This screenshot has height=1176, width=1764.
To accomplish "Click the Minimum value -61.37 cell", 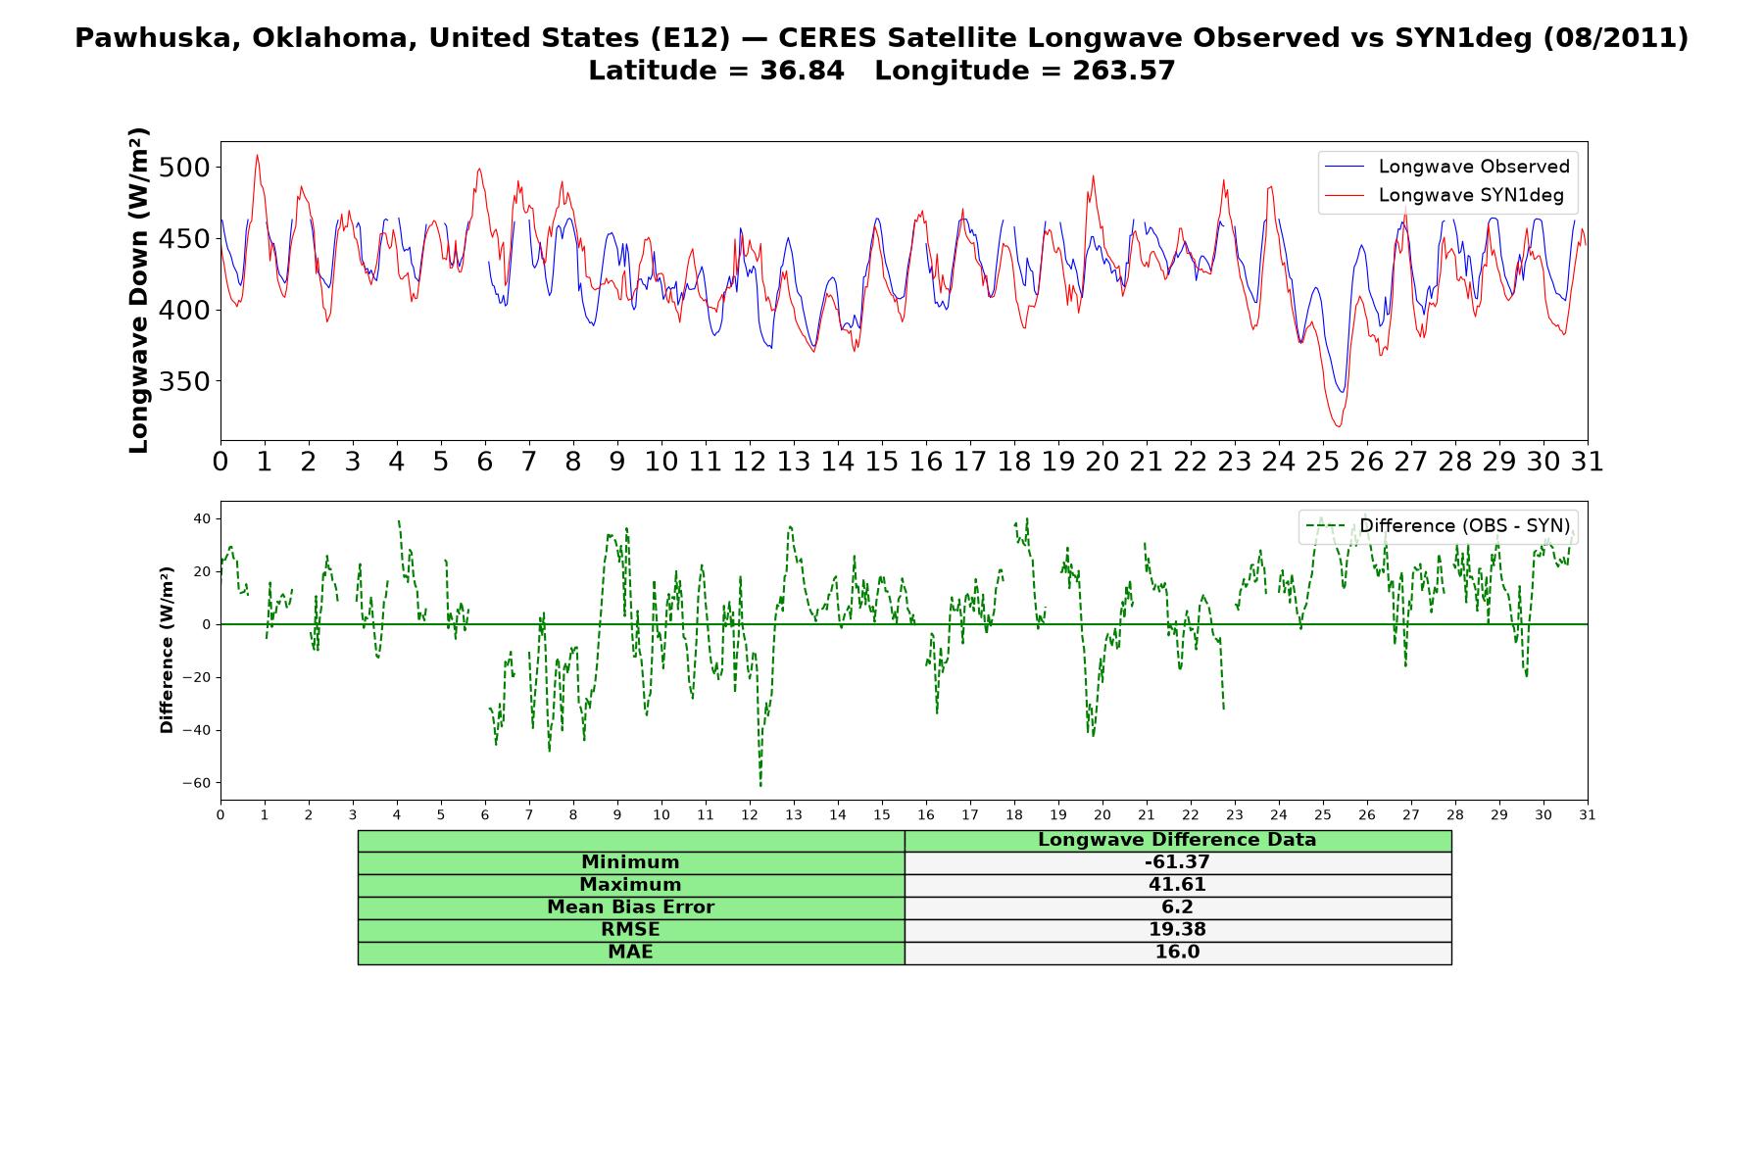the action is coord(1177,862).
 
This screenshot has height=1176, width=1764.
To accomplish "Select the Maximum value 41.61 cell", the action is coord(1177,885).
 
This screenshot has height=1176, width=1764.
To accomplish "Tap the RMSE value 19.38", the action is coord(1177,930).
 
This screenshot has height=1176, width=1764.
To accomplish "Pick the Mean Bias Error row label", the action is coord(630,907).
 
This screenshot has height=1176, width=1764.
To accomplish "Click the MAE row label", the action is coord(630,953).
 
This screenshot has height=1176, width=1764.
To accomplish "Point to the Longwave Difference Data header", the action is coord(1177,840).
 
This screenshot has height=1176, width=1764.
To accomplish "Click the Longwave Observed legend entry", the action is coord(1446,167).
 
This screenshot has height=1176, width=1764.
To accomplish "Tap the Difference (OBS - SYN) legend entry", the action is coord(1438,526).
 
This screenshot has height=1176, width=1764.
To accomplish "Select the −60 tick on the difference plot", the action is coord(196,783).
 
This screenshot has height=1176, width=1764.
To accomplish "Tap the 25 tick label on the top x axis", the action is coord(1322,462).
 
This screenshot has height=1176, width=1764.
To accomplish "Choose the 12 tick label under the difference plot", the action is coord(750,815).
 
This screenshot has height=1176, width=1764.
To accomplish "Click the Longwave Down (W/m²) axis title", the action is coord(138,290).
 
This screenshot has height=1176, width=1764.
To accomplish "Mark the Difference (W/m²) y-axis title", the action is coord(167,650).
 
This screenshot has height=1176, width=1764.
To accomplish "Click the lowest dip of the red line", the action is coord(1338,426).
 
